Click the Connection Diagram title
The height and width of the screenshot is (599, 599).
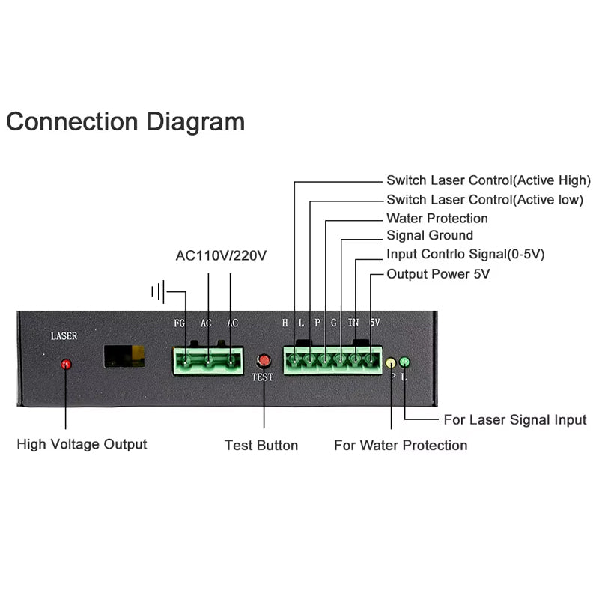125,121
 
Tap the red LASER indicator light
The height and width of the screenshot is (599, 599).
66,365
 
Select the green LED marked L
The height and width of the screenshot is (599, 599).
405,362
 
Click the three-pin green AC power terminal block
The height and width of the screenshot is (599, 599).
208,361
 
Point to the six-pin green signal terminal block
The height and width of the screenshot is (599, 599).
332,361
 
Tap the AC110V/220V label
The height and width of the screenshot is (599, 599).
221,255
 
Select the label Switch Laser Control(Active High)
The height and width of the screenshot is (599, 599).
488,180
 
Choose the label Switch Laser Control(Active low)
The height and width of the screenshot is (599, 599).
484,200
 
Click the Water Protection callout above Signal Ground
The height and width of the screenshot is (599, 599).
437,219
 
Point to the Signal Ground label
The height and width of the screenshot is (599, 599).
430,236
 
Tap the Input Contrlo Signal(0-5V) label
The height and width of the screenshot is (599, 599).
465,255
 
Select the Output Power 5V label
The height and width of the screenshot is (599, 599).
438,274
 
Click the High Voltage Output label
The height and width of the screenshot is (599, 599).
82,444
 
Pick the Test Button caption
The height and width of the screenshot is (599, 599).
261,446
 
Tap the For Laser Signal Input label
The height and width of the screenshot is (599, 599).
515,420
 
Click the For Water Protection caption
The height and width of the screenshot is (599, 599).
401,446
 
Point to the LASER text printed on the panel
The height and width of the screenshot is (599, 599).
64,336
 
